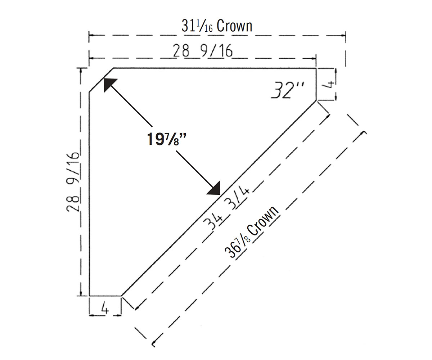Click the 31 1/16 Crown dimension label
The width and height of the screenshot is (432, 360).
coord(217,26)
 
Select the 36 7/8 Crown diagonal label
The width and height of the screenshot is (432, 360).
coord(252,232)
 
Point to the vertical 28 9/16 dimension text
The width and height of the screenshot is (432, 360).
coord(73,182)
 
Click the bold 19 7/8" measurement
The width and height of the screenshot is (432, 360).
coord(167,139)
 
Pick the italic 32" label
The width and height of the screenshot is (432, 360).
coord(287,90)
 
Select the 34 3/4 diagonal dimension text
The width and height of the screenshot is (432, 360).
coord(226,207)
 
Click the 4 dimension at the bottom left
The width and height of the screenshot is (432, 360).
coord(105,309)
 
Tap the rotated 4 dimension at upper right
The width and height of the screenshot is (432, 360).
coord(330,84)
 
